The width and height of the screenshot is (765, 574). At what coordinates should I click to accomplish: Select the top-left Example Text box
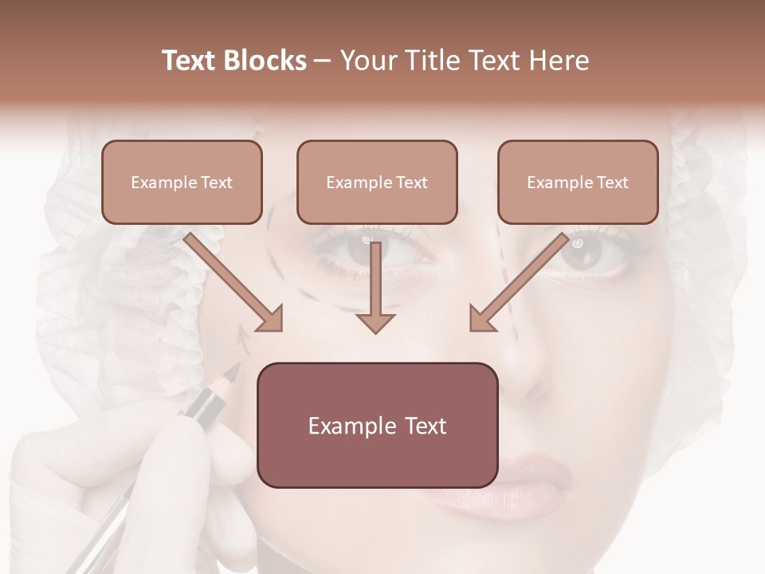(x=182, y=182)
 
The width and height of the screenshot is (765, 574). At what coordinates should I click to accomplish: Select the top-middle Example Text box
(x=377, y=182)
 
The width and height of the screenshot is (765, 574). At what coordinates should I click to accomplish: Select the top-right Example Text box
(x=578, y=182)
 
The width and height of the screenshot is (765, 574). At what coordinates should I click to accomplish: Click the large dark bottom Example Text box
(x=377, y=425)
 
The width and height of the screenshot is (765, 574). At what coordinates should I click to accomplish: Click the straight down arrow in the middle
(x=375, y=287)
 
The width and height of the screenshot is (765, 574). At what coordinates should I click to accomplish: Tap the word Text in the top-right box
(x=613, y=183)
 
